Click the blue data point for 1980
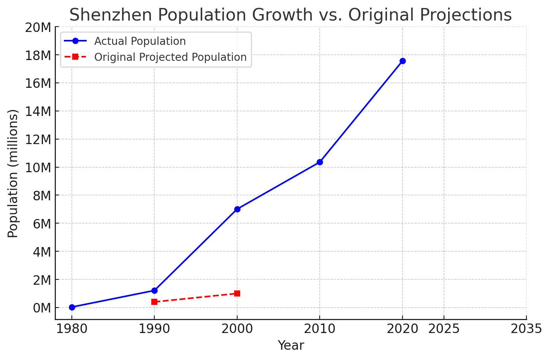[72, 307]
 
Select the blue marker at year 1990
[154, 290]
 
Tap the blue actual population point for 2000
[237, 209]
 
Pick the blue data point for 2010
[320, 162]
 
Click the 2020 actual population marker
[403, 61]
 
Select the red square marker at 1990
[154, 302]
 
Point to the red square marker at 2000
[237, 293]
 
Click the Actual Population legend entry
[140, 41]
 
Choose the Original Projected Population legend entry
[170, 57]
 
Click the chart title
[290, 15]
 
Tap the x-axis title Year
[291, 346]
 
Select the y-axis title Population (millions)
[13, 173]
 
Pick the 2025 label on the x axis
[444, 329]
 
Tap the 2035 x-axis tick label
[526, 329]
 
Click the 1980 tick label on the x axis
[72, 329]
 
